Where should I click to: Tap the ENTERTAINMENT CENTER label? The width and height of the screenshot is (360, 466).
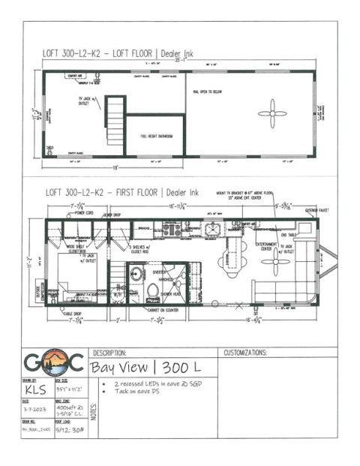coord(266,247)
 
